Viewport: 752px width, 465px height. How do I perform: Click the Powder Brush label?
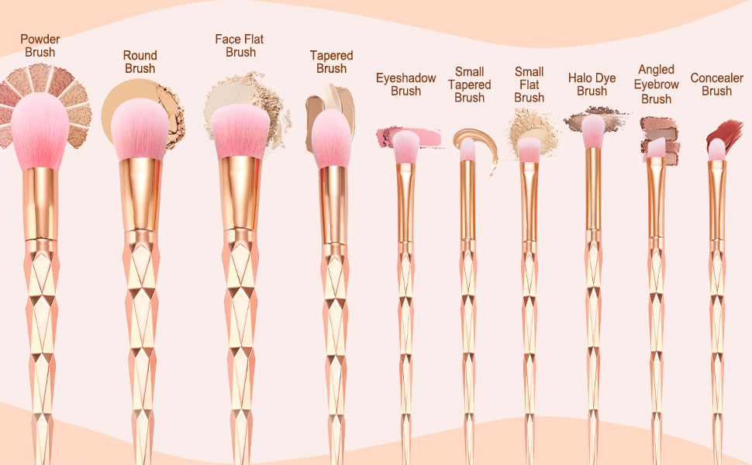click(40, 46)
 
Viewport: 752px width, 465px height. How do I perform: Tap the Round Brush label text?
click(140, 62)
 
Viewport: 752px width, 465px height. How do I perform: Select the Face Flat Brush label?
click(240, 46)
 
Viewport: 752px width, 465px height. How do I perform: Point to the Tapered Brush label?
click(331, 62)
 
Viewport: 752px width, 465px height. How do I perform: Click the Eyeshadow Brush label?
click(405, 84)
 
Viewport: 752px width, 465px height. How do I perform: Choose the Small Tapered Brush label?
click(469, 84)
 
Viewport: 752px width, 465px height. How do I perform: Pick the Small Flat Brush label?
click(529, 84)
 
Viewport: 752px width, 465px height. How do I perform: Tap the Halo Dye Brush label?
click(592, 84)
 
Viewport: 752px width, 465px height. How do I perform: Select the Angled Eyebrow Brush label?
click(656, 84)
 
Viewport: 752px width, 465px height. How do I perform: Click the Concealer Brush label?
click(716, 84)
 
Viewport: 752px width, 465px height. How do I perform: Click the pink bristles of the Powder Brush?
click(40, 128)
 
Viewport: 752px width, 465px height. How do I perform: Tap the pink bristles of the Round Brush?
click(140, 128)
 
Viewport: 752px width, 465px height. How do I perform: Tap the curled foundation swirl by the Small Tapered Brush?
click(481, 147)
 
